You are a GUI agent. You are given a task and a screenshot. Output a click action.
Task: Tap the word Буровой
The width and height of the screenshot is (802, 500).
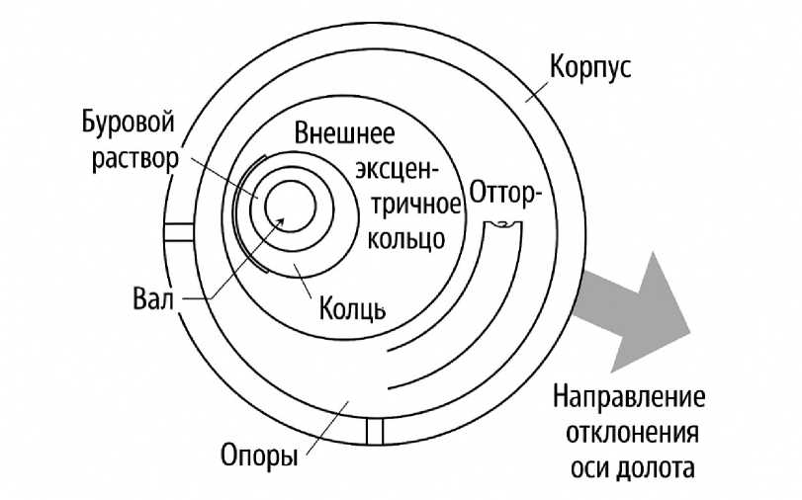(129, 126)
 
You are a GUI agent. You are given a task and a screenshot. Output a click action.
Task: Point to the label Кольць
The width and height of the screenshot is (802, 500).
(351, 308)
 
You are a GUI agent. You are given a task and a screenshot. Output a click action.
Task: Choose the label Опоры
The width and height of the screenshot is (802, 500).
(256, 457)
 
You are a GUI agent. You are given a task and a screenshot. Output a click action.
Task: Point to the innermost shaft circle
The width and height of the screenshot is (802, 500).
(289, 210)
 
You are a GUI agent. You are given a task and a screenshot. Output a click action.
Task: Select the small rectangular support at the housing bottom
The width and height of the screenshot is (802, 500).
(373, 431)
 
